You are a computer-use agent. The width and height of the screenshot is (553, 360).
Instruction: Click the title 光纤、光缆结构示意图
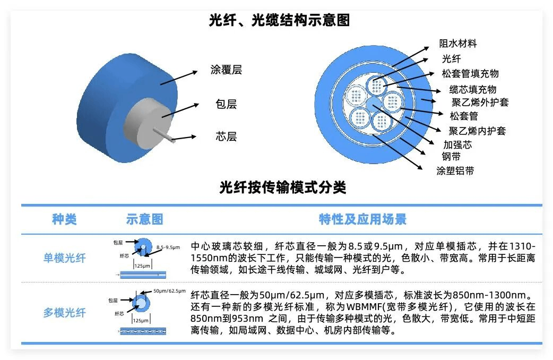click(x=279, y=21)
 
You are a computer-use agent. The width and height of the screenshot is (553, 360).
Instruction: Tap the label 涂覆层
click(x=226, y=70)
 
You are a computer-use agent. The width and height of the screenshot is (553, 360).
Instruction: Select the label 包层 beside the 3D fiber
click(x=226, y=104)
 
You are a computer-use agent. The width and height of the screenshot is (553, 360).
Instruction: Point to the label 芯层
click(x=226, y=136)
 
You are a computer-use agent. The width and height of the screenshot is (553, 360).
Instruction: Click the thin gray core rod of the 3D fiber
click(x=166, y=136)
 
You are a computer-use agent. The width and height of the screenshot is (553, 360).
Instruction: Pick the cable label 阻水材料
click(x=458, y=44)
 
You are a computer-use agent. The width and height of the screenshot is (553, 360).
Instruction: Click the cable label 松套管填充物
click(x=470, y=73)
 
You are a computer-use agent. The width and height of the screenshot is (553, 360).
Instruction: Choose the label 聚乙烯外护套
click(x=480, y=101)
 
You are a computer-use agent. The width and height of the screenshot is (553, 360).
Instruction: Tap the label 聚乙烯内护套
click(x=477, y=131)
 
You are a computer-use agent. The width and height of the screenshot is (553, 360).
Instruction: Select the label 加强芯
click(x=457, y=144)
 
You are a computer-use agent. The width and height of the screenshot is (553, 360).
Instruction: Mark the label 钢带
click(x=451, y=157)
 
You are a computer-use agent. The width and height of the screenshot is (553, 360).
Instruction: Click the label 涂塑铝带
click(x=455, y=170)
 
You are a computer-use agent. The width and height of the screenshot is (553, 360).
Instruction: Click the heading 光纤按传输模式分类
click(x=282, y=188)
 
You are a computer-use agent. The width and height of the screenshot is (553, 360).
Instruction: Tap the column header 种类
click(x=64, y=219)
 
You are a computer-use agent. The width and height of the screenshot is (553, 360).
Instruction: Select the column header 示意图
click(x=144, y=219)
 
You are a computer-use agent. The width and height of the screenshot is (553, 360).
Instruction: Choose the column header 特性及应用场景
click(x=362, y=219)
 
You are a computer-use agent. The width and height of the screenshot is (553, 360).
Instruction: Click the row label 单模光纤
click(x=64, y=259)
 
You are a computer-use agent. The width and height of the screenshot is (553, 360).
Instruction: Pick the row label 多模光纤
click(x=64, y=313)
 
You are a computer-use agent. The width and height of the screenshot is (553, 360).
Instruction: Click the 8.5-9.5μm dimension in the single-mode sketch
click(x=168, y=247)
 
